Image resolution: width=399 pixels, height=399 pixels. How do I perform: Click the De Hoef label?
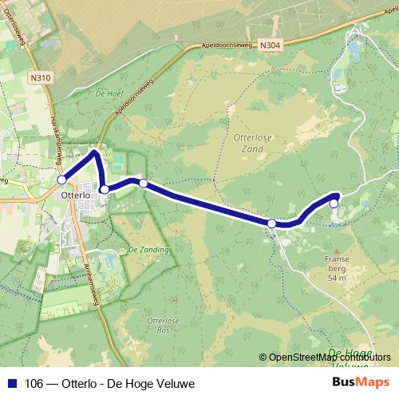click(x=107, y=93)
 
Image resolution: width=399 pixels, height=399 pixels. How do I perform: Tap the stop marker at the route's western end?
click(x=62, y=180)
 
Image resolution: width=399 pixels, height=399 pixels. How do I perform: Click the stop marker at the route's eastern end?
click(x=334, y=203)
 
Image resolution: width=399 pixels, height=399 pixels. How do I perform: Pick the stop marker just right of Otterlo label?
click(x=105, y=190)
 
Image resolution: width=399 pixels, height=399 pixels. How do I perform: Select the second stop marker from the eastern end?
click(x=272, y=223)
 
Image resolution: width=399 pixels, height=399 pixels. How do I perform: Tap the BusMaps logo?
click(x=361, y=382)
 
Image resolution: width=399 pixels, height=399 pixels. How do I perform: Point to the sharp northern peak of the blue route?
click(x=96, y=151)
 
